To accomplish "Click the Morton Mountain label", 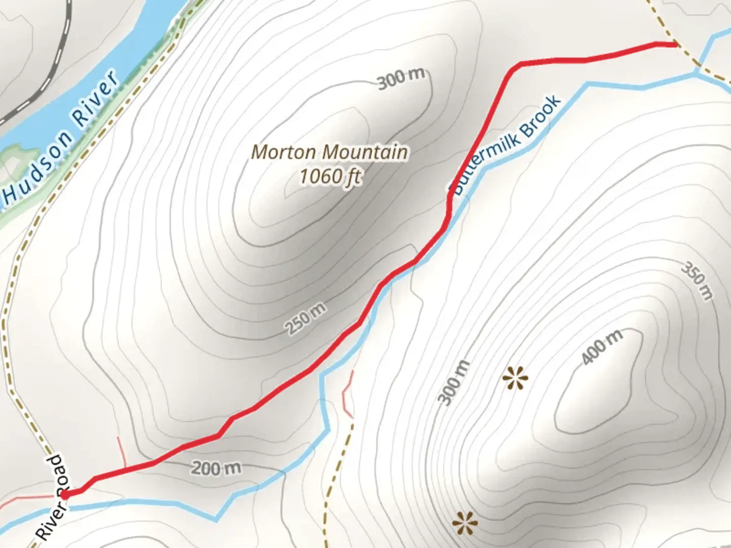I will point(329,152).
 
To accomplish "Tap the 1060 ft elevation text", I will point(329,177).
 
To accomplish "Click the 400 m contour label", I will point(602,347).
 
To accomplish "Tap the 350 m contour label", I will point(697,281).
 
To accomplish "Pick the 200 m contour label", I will point(216,468).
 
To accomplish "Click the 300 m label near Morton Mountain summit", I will point(401,78).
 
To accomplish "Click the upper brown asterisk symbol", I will point(515,379).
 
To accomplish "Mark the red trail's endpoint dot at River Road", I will point(66,493).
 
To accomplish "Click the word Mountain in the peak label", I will point(365,152).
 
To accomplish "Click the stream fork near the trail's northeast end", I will point(696,74).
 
